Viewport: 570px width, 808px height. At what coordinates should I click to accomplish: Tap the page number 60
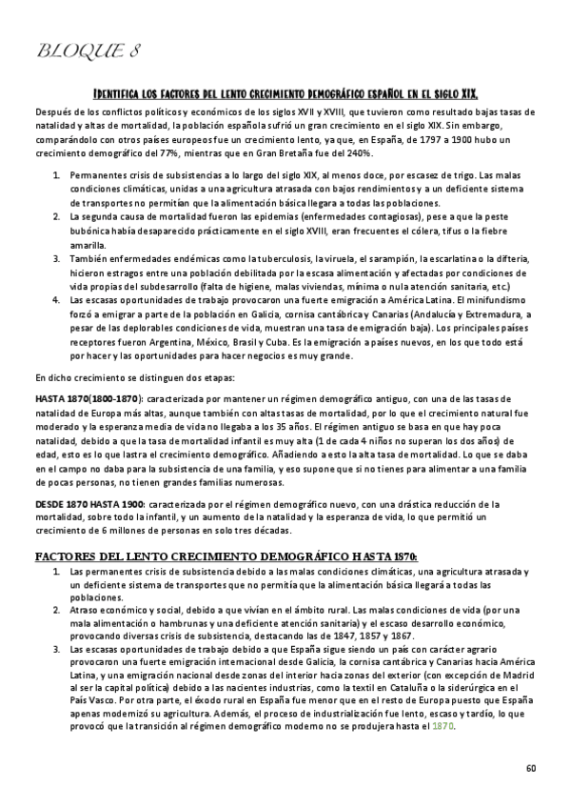pyautogui.click(x=531, y=768)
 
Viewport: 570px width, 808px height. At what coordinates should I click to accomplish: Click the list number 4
pyautogui.click(x=58, y=299)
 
